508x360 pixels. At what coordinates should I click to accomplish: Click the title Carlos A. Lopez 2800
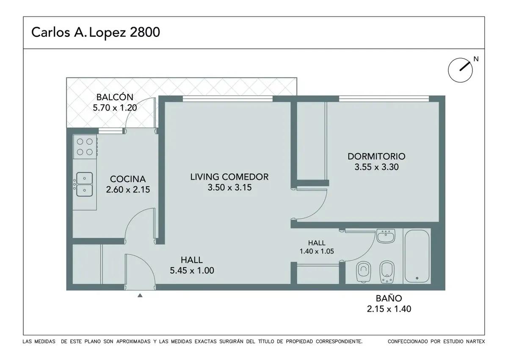[x=96, y=32]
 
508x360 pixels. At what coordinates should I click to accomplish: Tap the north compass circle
[x=449, y=70]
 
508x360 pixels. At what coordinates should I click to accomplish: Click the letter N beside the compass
[x=476, y=59]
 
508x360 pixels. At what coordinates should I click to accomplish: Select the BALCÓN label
[x=115, y=97]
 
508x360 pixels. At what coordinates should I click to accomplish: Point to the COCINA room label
[x=128, y=179]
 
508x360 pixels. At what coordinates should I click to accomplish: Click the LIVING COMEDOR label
[x=229, y=177]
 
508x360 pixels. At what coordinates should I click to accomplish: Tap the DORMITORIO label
[x=376, y=156]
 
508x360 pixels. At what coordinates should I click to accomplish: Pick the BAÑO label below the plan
[x=389, y=298]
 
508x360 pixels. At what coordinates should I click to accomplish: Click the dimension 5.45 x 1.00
[x=192, y=270]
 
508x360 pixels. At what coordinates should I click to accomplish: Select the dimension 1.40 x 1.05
[x=317, y=251]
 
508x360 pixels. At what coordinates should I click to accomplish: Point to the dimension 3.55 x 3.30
[x=376, y=167]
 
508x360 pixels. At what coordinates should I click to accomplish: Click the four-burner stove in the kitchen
[x=85, y=147]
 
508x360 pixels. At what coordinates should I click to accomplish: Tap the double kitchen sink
[x=84, y=184]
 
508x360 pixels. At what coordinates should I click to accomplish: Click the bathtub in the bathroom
[x=417, y=256]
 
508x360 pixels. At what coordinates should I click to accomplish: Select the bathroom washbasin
[x=386, y=236]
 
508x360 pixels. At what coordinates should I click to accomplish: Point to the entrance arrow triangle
[x=140, y=295]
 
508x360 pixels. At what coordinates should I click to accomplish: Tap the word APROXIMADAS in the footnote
[x=133, y=341]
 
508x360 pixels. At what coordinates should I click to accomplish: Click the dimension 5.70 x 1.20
[x=115, y=108]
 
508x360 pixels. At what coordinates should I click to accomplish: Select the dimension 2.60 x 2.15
[x=128, y=189]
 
